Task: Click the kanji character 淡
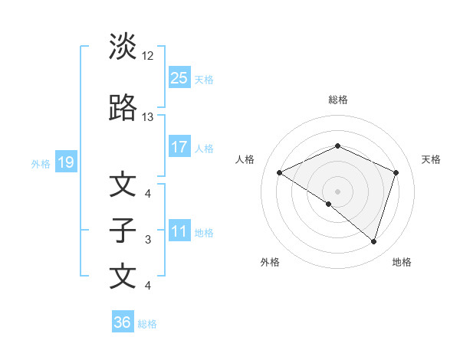click(x=123, y=47)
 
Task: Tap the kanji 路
click(x=123, y=109)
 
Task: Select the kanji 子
click(x=123, y=231)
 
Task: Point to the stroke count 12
click(x=148, y=56)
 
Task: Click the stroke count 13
click(x=148, y=117)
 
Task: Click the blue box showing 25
click(x=179, y=77)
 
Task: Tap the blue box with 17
click(x=179, y=147)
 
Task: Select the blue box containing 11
click(x=179, y=231)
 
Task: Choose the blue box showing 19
click(x=65, y=162)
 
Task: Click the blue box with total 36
click(x=123, y=322)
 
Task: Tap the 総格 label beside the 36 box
click(x=147, y=324)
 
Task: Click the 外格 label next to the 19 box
click(x=41, y=163)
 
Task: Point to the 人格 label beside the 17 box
click(x=204, y=148)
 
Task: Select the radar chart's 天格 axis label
click(x=432, y=159)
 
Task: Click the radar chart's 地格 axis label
click(x=402, y=262)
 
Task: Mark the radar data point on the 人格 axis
click(x=280, y=173)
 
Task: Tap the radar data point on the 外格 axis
click(x=329, y=205)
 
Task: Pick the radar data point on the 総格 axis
click(x=337, y=146)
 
